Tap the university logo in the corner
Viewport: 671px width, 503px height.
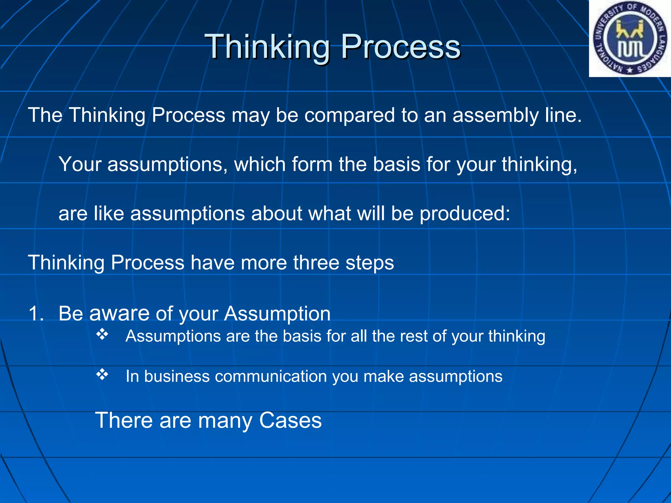pyautogui.click(x=630, y=39)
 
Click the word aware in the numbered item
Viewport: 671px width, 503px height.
pyautogui.click(x=119, y=313)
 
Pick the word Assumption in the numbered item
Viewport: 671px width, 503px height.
pyautogui.click(x=277, y=313)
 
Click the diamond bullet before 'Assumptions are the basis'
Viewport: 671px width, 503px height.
pyautogui.click(x=102, y=334)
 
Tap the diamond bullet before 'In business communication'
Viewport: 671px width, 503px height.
pyautogui.click(x=102, y=374)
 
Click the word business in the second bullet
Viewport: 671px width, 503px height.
pyautogui.click(x=177, y=376)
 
